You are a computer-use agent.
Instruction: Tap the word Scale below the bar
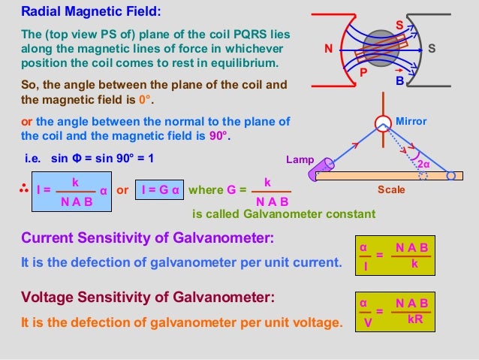[390, 190]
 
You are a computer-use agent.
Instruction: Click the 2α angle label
[423, 164]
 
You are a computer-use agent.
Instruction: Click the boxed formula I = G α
[161, 191]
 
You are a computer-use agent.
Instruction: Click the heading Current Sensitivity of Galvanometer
[147, 239]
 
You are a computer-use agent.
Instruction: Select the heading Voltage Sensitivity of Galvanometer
[149, 298]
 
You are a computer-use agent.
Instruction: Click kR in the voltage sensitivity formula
[414, 319]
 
